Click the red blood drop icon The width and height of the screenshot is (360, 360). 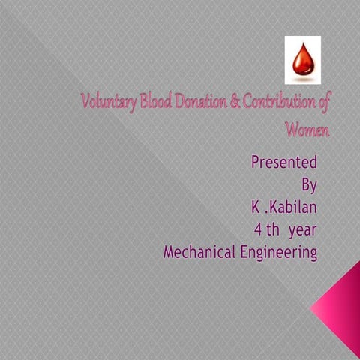(x=303, y=59)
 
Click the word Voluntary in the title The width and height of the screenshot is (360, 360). (x=109, y=102)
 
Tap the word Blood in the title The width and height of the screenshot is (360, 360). (x=156, y=100)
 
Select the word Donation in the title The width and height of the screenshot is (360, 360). (x=201, y=101)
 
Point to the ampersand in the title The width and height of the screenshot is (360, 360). (x=235, y=101)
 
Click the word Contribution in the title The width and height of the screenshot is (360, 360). (x=279, y=100)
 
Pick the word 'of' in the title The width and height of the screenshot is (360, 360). (x=325, y=102)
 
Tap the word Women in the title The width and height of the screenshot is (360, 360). (x=307, y=130)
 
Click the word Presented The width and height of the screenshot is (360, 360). (x=284, y=162)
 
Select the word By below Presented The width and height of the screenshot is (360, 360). (x=310, y=185)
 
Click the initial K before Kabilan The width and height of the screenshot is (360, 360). (x=256, y=207)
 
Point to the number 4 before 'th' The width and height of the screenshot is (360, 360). (x=258, y=229)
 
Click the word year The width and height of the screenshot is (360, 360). (x=303, y=230)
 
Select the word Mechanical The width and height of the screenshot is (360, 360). (x=199, y=252)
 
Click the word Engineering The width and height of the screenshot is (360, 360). (x=279, y=253)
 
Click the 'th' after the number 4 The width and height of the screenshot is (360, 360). (x=273, y=229)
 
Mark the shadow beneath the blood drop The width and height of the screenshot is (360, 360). (x=303, y=79)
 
